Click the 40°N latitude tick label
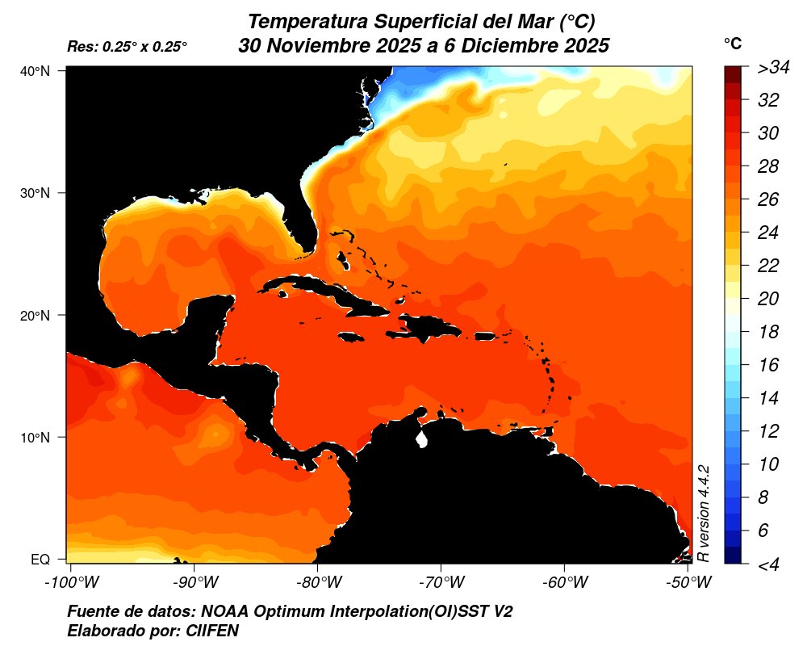coord(35,71)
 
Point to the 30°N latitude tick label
coord(35,193)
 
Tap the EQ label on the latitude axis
coord(40,559)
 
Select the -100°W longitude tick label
coord(69,581)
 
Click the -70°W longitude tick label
coord(441,581)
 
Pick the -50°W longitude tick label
coord(688,581)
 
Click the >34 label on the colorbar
coord(772,68)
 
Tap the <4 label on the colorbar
coord(767,564)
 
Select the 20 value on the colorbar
coord(767,299)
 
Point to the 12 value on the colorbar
coord(767,431)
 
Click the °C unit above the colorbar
coord(732,44)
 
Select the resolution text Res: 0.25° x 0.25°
coord(128,47)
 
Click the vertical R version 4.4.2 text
coord(703,514)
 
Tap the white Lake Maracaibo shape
coord(420,440)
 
